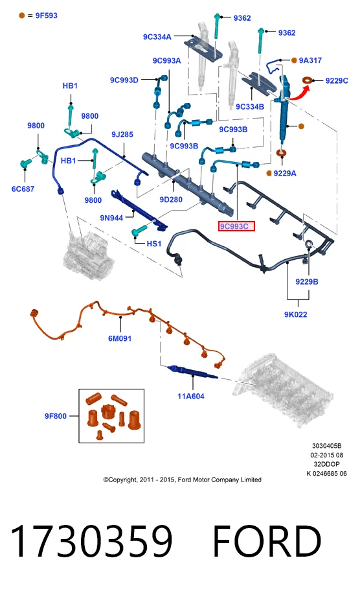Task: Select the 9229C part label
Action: tap(337, 80)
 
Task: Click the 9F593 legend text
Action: tap(47, 16)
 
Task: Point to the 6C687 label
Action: tap(23, 189)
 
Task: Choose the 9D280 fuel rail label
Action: tap(171, 200)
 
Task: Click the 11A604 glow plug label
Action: tap(191, 396)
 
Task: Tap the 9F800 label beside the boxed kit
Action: tap(56, 416)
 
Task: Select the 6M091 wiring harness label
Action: tap(120, 338)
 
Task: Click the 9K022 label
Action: tap(296, 314)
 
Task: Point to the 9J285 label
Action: tap(122, 134)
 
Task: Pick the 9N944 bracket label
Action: tap(111, 218)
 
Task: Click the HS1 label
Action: tap(154, 244)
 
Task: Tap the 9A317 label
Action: tap(310, 60)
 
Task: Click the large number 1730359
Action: tap(91, 541)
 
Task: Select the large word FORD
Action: tap(267, 541)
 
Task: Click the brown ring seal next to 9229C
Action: tap(308, 80)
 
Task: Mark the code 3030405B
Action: tap(326, 446)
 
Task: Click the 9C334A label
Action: tap(157, 36)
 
